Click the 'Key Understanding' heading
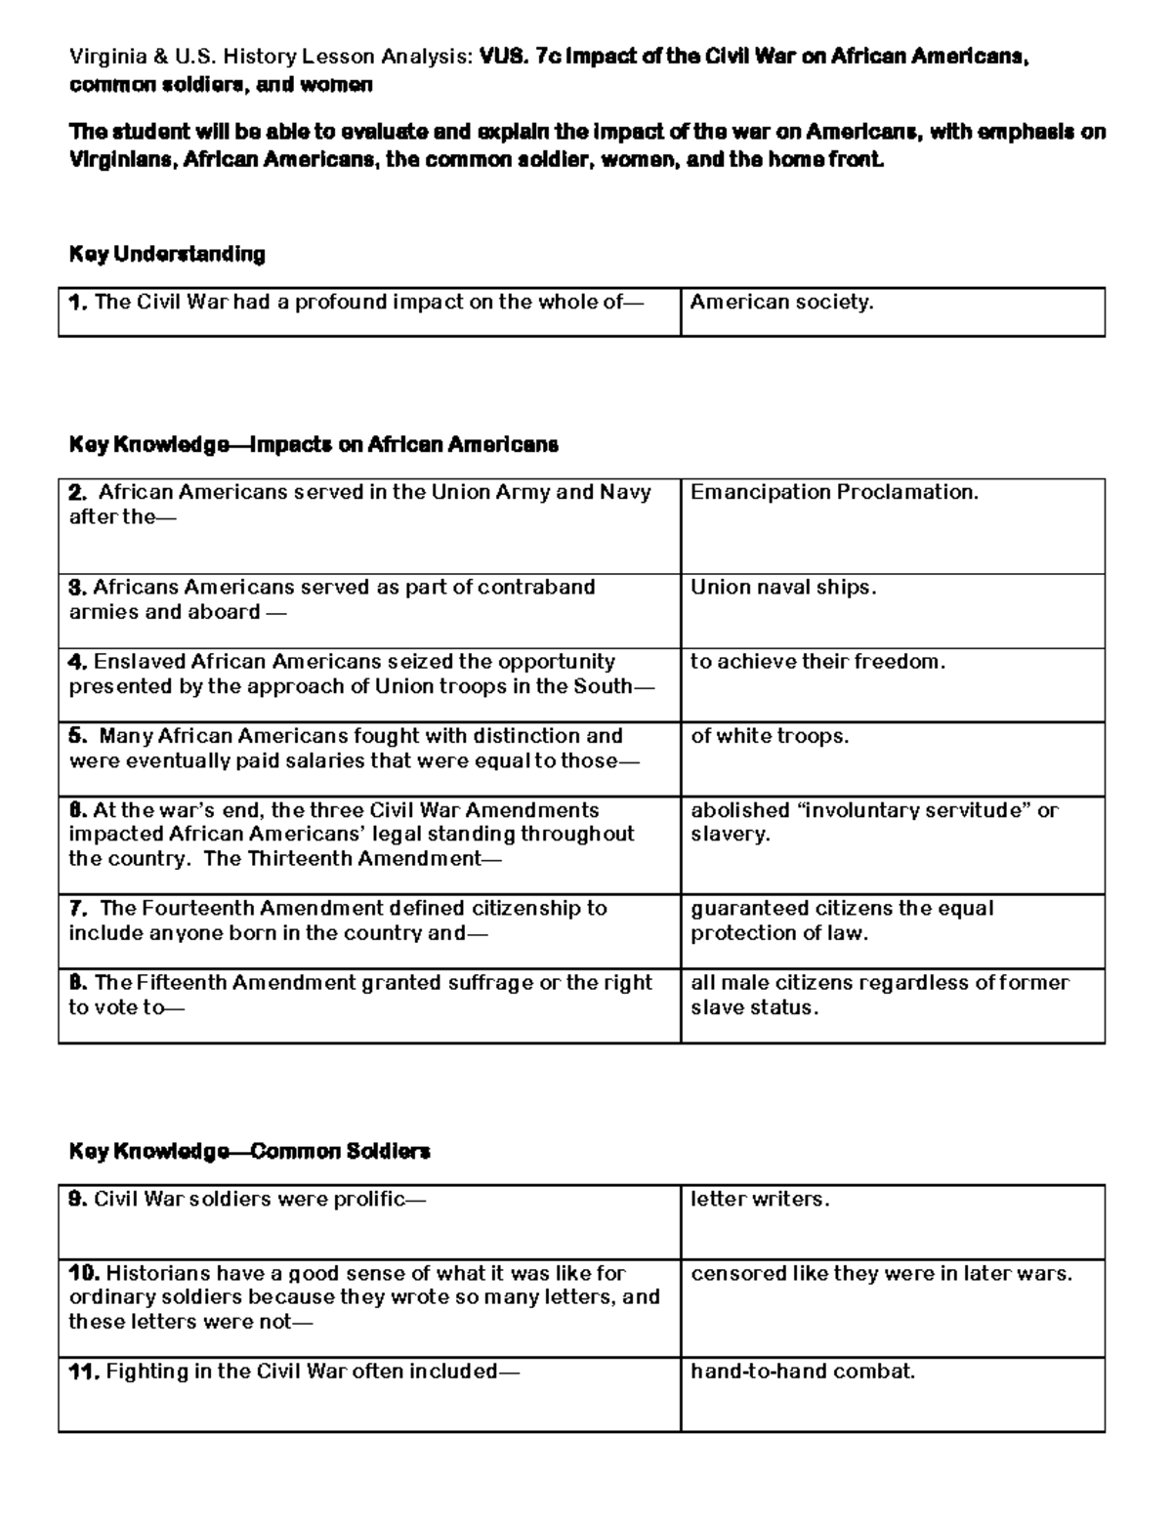(167, 255)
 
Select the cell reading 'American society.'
(781, 303)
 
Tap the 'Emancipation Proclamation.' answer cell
(834, 492)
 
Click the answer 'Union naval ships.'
(783, 588)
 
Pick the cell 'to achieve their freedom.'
(818, 662)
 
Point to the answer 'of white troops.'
(770, 736)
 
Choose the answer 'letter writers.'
(760, 1200)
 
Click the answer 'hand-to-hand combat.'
(803, 1372)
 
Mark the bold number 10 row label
(84, 1274)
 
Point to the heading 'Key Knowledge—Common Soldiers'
(249, 1152)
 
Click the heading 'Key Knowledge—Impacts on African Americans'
(314, 445)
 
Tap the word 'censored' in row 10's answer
(730, 1274)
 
